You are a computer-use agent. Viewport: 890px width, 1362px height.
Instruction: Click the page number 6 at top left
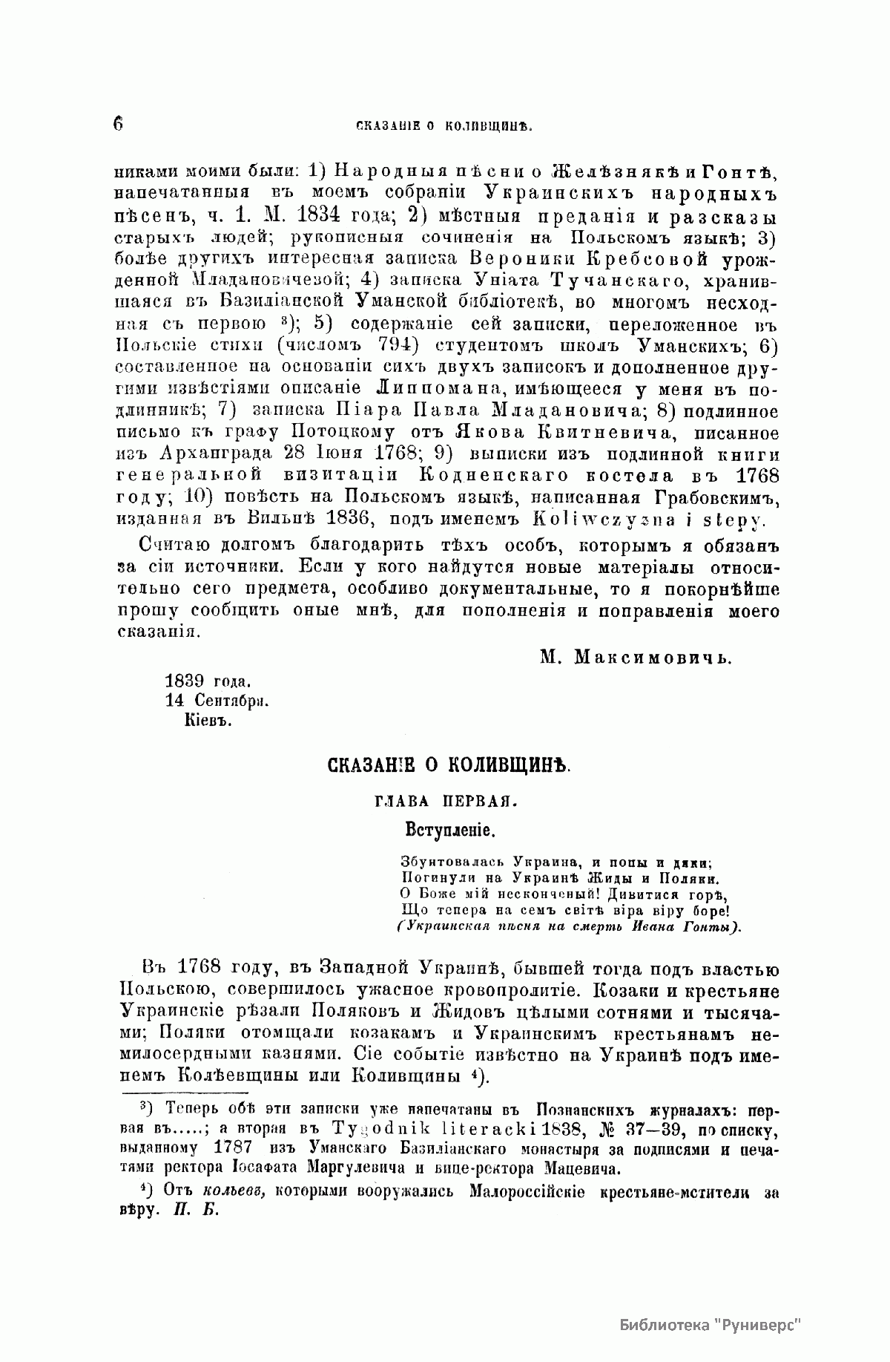[x=118, y=123]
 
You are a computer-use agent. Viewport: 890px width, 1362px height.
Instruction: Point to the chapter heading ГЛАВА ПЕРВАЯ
[x=445, y=801]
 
